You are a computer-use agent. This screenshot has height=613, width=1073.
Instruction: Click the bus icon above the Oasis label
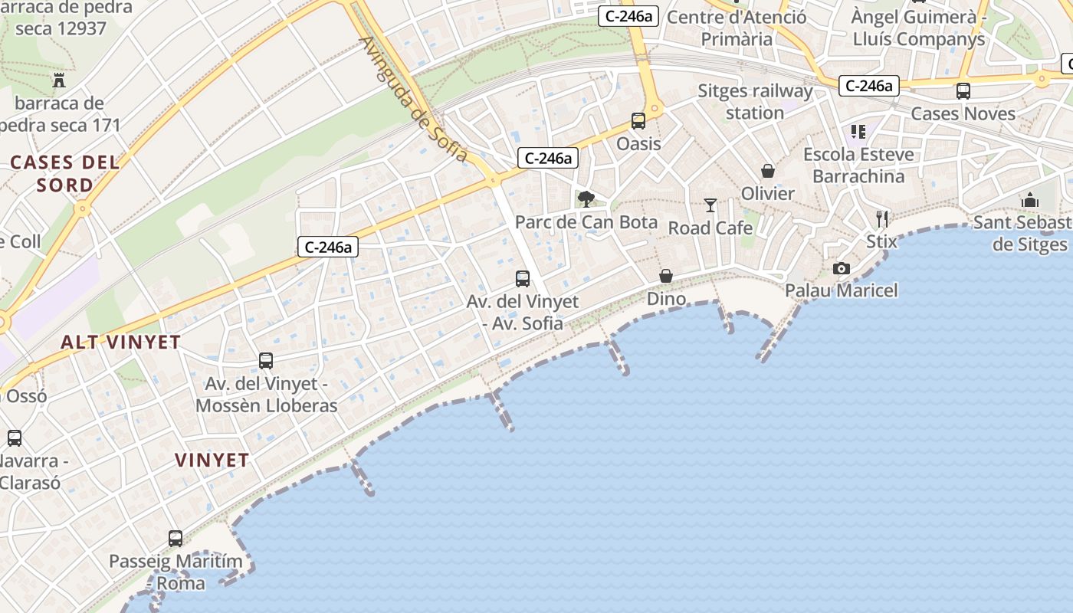click(638, 120)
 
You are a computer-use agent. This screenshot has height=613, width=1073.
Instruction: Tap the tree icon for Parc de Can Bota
click(586, 199)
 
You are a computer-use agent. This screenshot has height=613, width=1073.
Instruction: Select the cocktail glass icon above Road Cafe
click(710, 205)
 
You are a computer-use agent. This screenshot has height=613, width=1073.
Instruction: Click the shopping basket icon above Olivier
click(767, 170)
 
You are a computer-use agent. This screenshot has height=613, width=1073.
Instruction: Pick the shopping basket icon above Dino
click(666, 276)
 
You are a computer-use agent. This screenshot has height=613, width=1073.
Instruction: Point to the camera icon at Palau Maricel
click(842, 268)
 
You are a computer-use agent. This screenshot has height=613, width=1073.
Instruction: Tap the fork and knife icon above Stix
click(881, 219)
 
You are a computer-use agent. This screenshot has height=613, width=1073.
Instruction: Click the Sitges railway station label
click(755, 102)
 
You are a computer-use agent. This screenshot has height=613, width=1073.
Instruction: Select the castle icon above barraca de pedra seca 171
click(59, 80)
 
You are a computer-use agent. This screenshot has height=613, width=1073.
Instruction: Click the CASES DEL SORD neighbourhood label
click(65, 173)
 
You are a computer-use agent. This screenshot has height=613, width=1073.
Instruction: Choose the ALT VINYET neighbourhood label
click(120, 343)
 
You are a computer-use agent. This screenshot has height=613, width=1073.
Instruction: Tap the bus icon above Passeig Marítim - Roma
click(176, 539)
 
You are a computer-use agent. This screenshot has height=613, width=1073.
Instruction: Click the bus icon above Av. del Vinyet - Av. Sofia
click(523, 279)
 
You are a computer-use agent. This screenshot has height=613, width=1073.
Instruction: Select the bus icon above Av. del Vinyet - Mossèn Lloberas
click(266, 360)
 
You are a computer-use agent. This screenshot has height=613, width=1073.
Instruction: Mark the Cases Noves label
click(963, 113)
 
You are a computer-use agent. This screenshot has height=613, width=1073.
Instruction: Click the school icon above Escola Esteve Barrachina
click(858, 132)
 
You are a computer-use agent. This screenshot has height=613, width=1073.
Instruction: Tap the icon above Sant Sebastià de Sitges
click(1029, 200)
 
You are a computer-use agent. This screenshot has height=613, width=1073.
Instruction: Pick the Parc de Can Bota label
click(586, 222)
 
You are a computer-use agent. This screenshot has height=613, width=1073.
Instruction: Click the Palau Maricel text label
click(842, 290)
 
